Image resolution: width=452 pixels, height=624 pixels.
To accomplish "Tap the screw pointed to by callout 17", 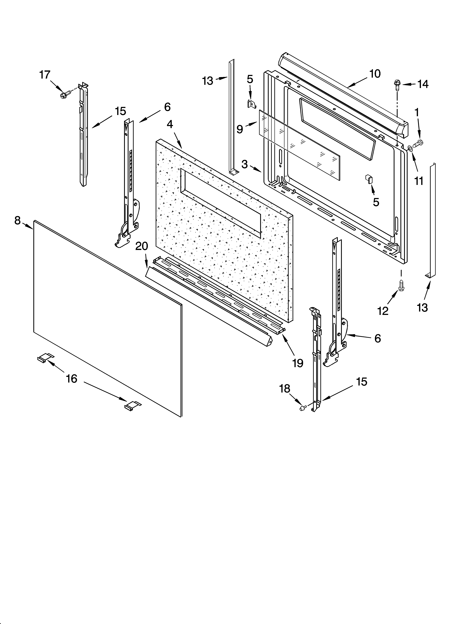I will pyautogui.click(x=63, y=95).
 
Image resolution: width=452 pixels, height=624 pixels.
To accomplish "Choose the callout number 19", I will pyautogui.click(x=298, y=363).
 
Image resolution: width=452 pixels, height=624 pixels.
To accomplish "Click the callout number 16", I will pyautogui.click(x=72, y=379).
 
